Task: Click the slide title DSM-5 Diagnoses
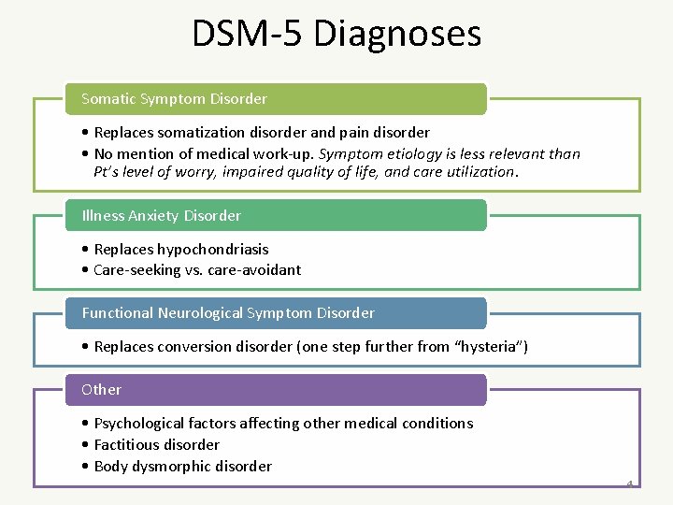[336, 34]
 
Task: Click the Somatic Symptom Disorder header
[175, 98]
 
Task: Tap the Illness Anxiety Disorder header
[162, 215]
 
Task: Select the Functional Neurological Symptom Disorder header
[228, 312]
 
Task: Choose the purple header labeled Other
[102, 389]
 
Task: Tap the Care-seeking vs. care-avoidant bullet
[197, 269]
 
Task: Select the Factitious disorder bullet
[156, 444]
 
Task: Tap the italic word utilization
[481, 172]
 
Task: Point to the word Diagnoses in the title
[398, 34]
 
